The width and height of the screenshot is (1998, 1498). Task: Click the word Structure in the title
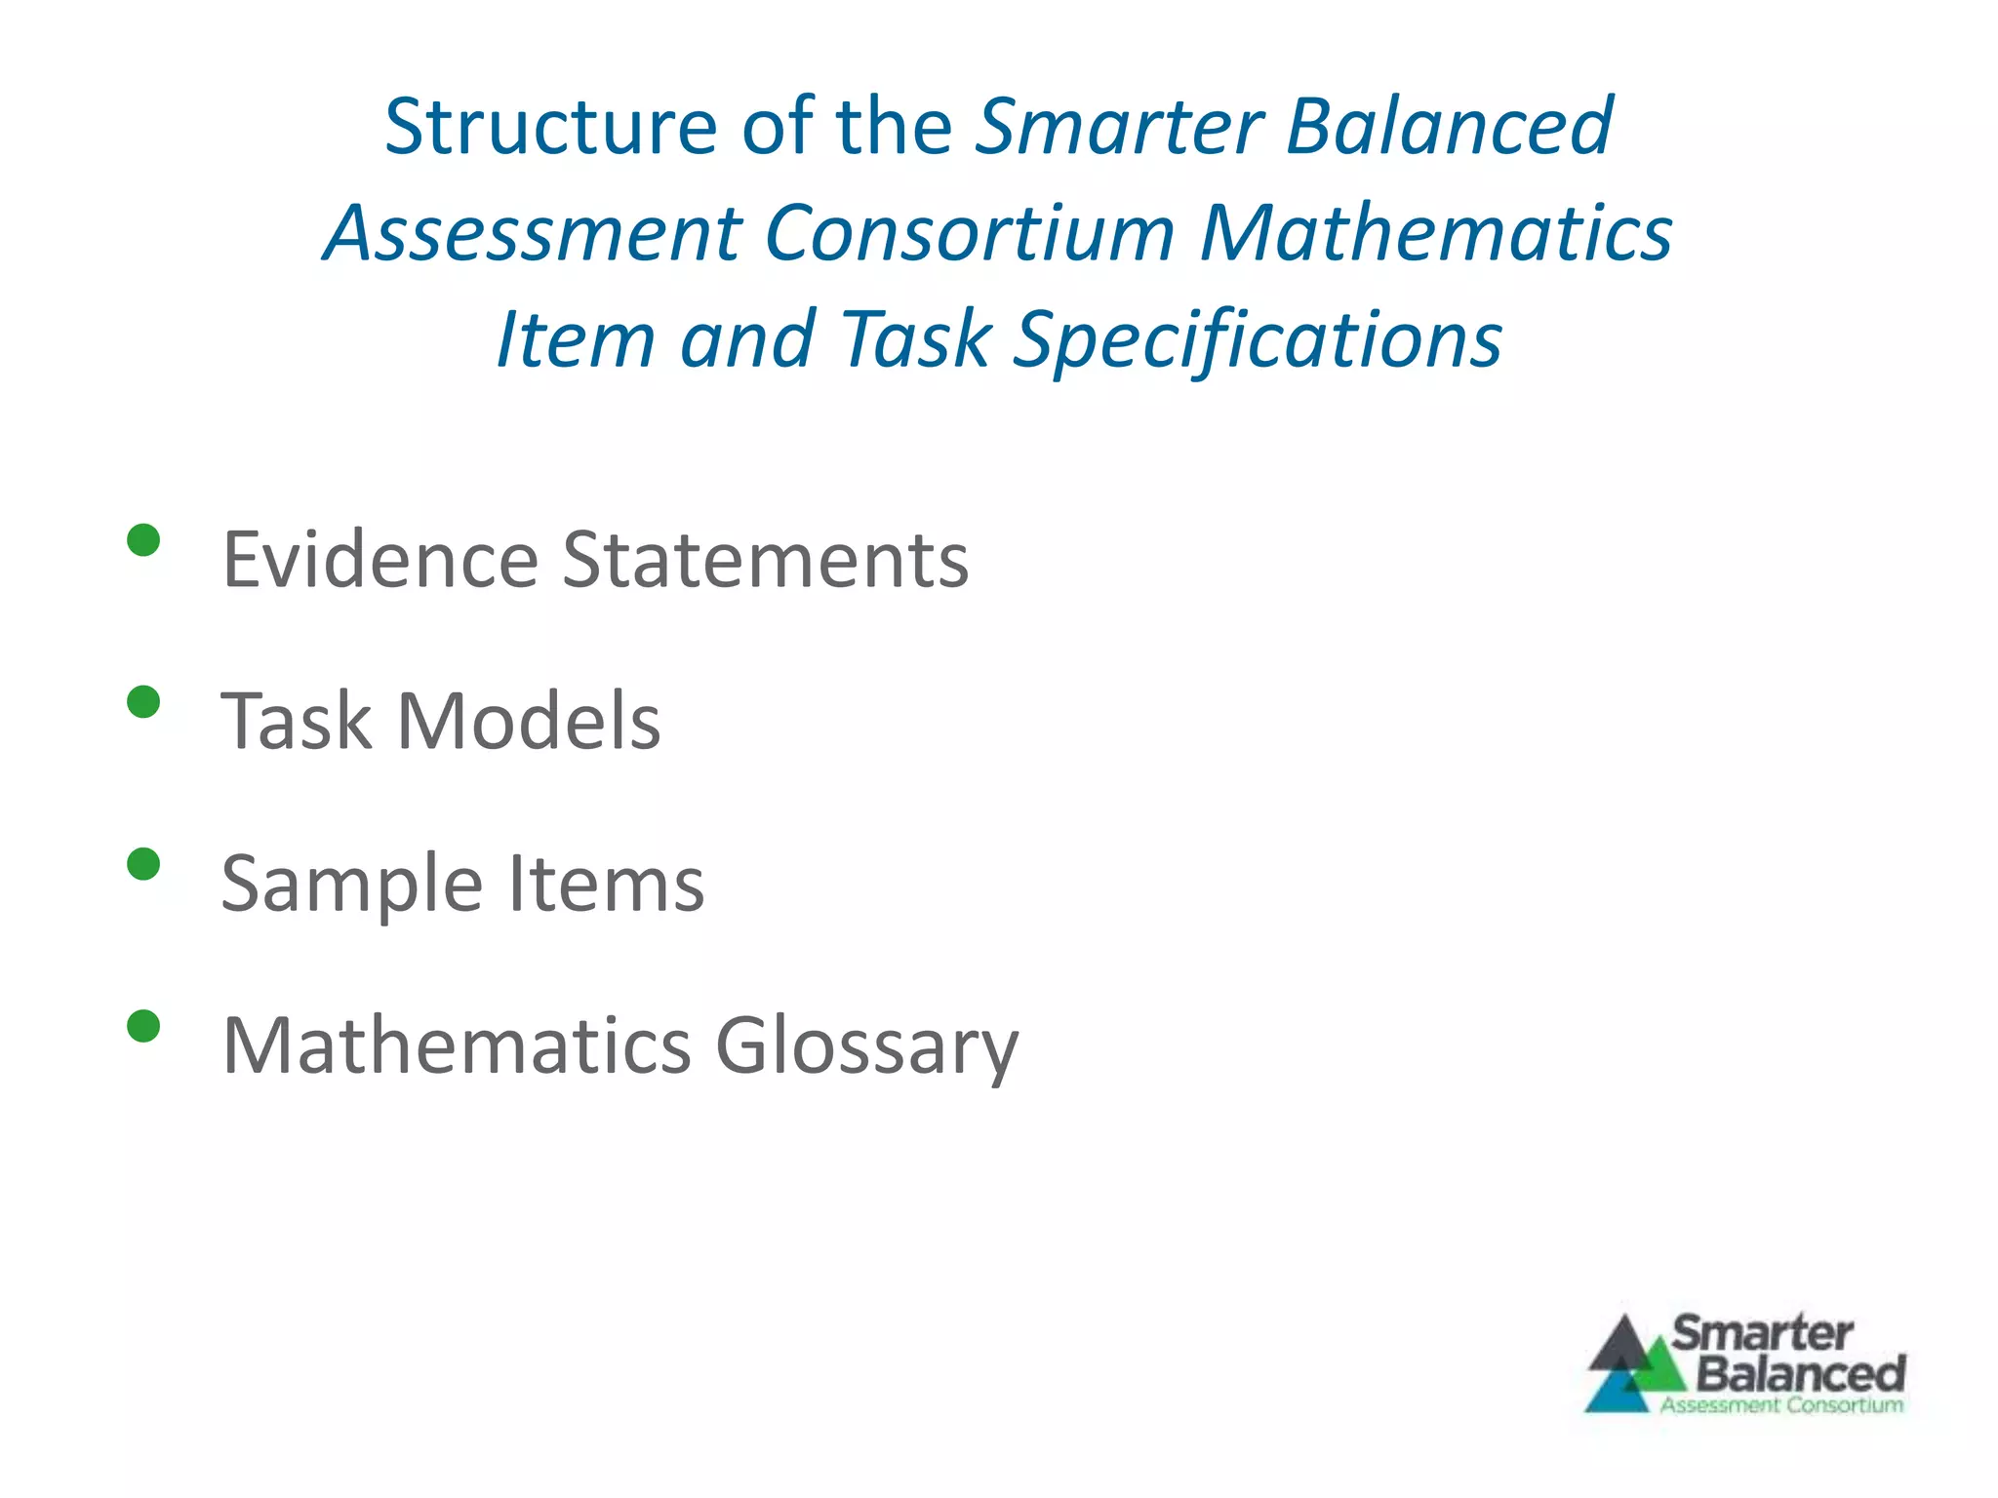[x=550, y=127]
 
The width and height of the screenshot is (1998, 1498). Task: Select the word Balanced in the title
[x=1450, y=127]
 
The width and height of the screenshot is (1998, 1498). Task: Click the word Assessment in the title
[x=533, y=234]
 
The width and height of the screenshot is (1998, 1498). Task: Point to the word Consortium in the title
[x=970, y=234]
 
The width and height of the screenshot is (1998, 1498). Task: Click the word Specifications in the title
[x=1258, y=340]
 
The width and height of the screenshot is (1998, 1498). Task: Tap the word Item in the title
[x=575, y=340]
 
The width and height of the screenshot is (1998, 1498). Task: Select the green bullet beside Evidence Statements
[x=143, y=540]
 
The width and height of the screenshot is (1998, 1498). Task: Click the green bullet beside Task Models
[x=143, y=702]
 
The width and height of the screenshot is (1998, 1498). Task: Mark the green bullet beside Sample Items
[x=143, y=864]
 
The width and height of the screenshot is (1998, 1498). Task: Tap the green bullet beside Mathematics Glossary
[x=143, y=1026]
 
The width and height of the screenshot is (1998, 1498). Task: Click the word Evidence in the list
[x=380, y=560]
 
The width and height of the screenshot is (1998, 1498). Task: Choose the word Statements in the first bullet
[x=766, y=560]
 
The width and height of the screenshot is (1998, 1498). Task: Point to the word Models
[x=529, y=722]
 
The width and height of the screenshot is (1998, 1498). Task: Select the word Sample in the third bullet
[x=351, y=884]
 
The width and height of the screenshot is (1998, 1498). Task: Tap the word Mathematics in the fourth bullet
[x=457, y=1046]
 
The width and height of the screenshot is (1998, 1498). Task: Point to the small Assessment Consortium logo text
[x=1781, y=1405]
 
